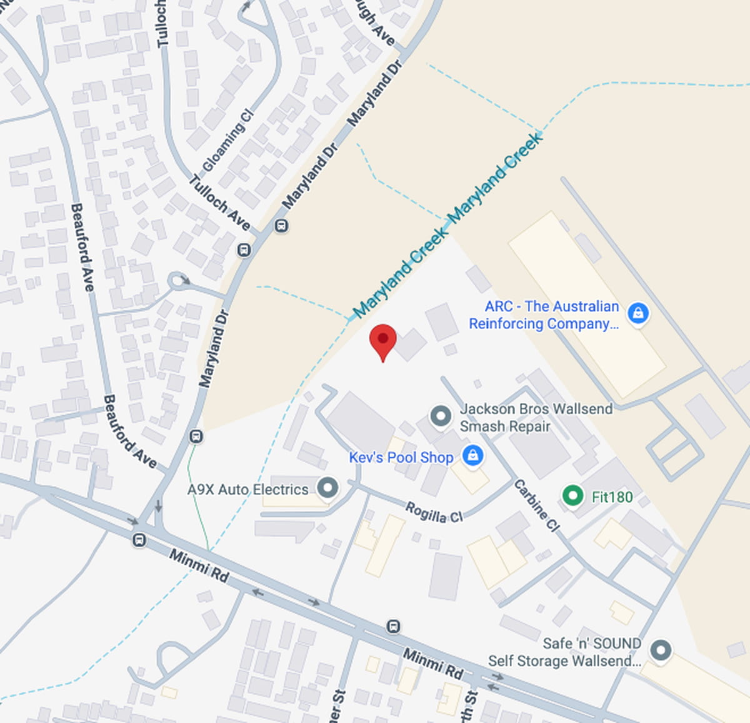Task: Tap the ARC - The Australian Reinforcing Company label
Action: (544, 315)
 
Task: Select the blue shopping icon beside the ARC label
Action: (637, 313)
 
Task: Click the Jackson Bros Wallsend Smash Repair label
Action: (536, 417)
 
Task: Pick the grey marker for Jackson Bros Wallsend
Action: (441, 416)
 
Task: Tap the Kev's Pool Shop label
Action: (401, 457)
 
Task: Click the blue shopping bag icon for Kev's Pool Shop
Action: (472, 455)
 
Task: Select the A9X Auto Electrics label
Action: (247, 489)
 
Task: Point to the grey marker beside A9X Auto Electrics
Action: (327, 487)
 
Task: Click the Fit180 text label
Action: (612, 497)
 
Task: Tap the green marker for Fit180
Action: (572, 495)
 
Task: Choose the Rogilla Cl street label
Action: (434, 512)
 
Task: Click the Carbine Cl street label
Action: (536, 505)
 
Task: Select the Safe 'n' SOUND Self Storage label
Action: (564, 652)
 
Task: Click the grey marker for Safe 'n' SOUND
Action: (660, 650)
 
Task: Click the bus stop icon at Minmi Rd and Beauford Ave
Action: (139, 539)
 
